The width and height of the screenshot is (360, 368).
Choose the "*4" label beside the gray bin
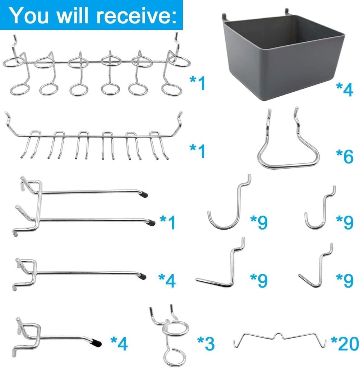[x=344, y=90]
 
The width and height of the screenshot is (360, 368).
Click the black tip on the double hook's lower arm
[x=152, y=222]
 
